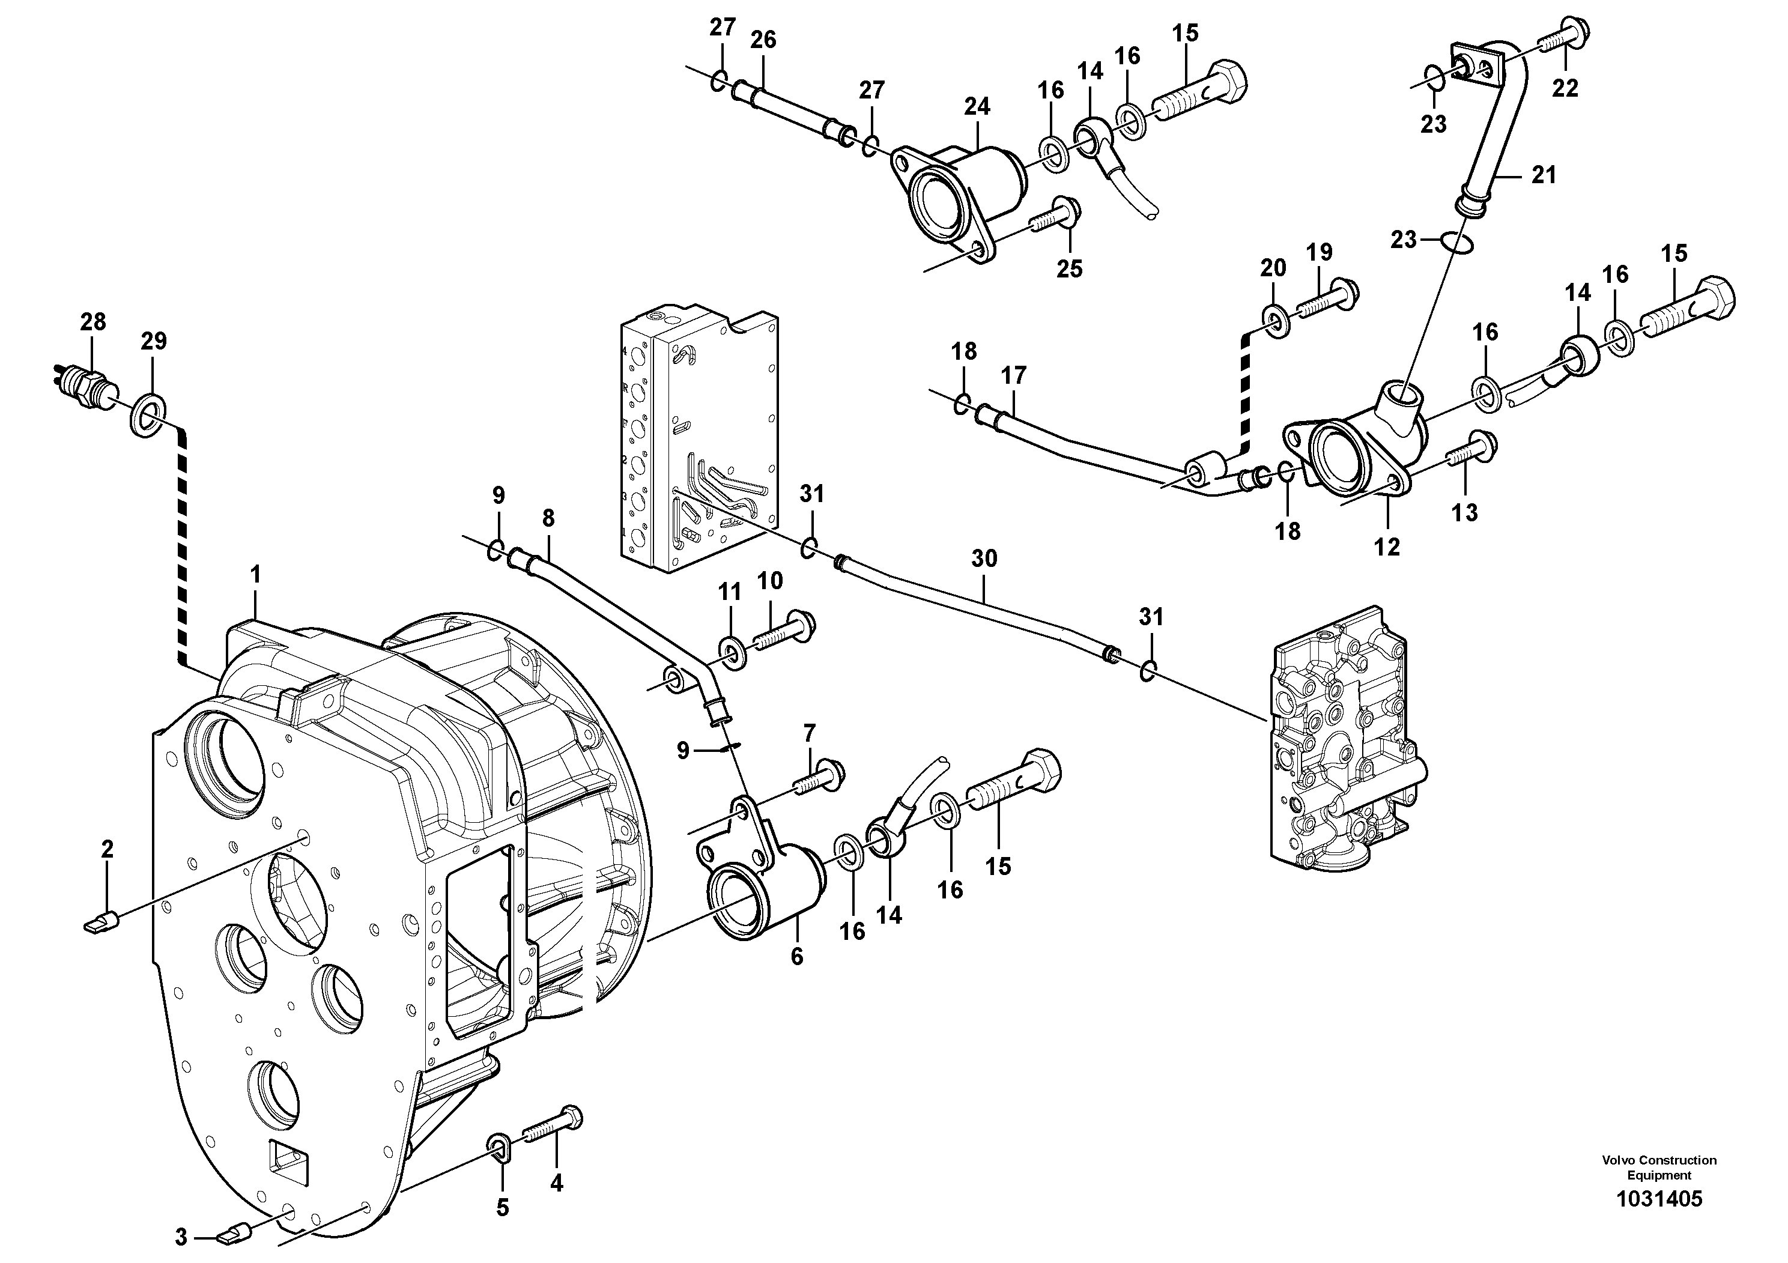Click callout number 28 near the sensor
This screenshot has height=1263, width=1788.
[x=92, y=321]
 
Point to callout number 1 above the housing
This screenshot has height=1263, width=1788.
[x=255, y=575]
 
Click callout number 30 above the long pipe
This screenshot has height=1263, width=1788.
[x=984, y=559]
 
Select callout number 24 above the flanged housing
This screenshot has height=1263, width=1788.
[x=977, y=107]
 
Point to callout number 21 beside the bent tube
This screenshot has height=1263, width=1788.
[x=1543, y=176]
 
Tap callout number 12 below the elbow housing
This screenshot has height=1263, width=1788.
[x=1386, y=547]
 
